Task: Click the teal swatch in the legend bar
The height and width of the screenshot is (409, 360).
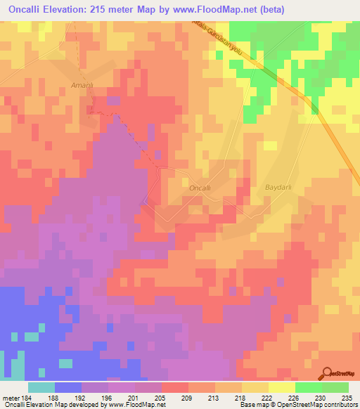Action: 41,387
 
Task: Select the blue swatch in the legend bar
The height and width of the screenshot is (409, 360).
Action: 68,387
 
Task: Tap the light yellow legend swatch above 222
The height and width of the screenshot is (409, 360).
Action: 282,387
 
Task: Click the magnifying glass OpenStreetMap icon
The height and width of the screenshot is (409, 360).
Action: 328,374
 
